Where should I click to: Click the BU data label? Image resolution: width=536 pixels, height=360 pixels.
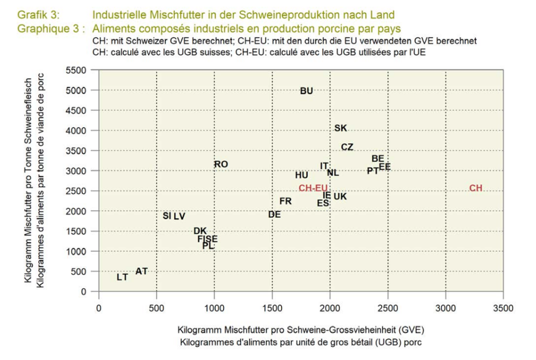[x=307, y=91]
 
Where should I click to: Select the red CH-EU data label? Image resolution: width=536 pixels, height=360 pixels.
[x=313, y=188]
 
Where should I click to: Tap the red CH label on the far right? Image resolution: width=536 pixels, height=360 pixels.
[x=476, y=188]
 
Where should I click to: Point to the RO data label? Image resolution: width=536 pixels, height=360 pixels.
[x=221, y=165]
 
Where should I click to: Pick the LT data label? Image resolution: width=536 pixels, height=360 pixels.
[x=122, y=277]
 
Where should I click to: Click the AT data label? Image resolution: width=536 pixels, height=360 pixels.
[x=142, y=271]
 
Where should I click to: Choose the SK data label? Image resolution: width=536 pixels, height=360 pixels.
[x=341, y=128]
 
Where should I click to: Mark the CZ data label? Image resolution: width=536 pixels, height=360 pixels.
[x=347, y=147]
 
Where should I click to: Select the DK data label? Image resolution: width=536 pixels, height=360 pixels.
[x=200, y=231]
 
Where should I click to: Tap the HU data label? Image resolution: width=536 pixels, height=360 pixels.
[x=301, y=175]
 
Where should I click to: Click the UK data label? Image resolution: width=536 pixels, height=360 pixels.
[x=340, y=196]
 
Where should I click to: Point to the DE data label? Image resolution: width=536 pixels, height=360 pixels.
[x=274, y=214]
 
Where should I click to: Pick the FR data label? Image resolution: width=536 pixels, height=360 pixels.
[x=286, y=201]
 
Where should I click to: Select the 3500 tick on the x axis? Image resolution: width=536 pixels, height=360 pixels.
[x=503, y=309]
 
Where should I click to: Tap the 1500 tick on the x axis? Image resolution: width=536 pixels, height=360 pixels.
[x=272, y=309]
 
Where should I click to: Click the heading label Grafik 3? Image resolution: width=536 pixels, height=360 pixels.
[x=38, y=15]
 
